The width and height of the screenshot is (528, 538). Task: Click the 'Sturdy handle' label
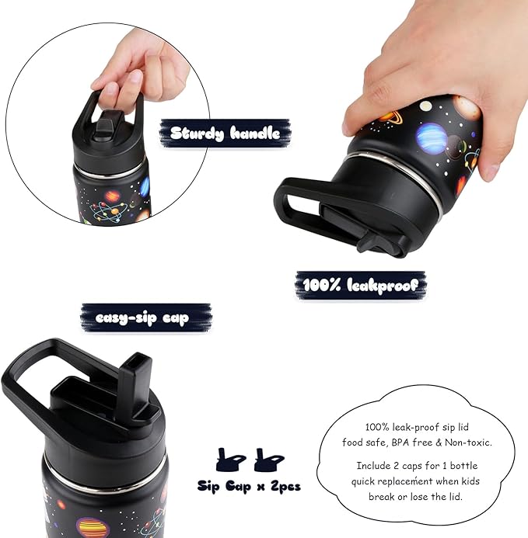point(225,133)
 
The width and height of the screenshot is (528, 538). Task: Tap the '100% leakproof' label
point(360,284)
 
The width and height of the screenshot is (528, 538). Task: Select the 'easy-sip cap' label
point(142,318)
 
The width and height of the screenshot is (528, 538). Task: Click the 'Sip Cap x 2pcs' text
point(249,487)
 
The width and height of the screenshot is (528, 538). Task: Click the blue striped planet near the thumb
point(428,137)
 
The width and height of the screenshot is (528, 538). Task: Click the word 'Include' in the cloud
point(374,466)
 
